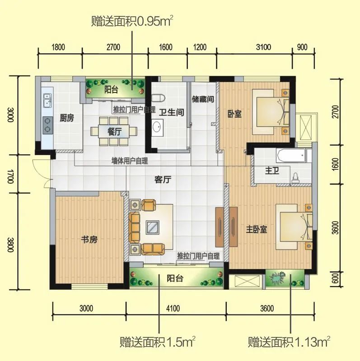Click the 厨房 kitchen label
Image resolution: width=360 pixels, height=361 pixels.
66,118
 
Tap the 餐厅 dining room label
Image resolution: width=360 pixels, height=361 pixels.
114,131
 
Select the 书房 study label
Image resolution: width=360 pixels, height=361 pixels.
89,240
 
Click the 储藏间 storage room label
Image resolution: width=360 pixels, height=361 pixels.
202,99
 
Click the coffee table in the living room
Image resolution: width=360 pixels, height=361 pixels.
152,227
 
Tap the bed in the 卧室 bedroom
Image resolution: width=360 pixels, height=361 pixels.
270,111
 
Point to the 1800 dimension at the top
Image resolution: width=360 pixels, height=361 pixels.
59,46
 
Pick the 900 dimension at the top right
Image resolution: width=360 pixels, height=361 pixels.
302,46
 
